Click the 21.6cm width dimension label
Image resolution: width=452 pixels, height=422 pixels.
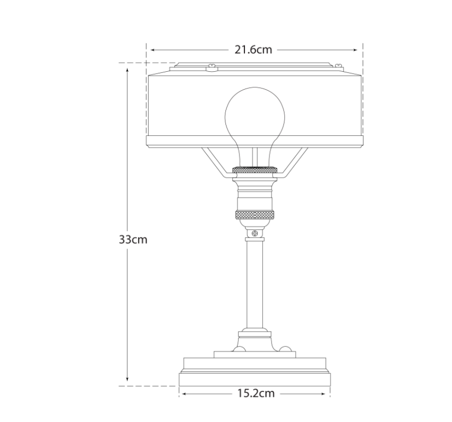[253, 50]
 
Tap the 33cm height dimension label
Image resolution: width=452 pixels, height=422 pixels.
[133, 239]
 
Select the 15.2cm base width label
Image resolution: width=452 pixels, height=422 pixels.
[256, 393]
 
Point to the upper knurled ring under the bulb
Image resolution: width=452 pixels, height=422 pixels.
[255, 170]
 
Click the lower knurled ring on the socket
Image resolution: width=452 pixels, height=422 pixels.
[255, 215]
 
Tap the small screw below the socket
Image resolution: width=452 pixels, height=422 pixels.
[255, 233]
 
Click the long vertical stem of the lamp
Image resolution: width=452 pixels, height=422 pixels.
[255, 284]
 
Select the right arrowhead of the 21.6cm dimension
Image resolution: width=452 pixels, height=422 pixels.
[354, 50]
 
